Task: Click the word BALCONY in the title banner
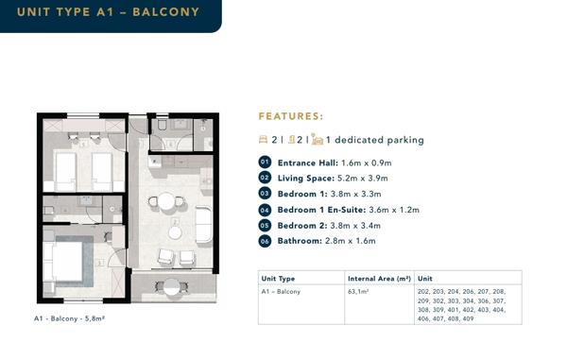click(x=166, y=12)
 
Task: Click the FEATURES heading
click(x=291, y=116)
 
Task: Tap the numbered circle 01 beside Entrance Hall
click(x=265, y=163)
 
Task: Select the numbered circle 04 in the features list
click(x=265, y=210)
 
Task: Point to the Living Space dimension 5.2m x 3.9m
click(x=362, y=179)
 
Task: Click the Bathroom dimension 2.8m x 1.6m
click(x=350, y=241)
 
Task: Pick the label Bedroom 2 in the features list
click(x=302, y=226)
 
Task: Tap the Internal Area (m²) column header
click(x=379, y=279)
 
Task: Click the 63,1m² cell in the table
click(x=358, y=291)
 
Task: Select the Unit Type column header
click(x=278, y=279)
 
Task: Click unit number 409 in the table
click(x=468, y=318)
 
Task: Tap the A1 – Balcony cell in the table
click(x=281, y=291)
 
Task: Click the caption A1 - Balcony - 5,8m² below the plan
click(x=69, y=318)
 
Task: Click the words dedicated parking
click(x=379, y=140)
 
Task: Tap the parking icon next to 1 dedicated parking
click(x=317, y=139)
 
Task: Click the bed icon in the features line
click(x=264, y=139)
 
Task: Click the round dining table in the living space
click(x=166, y=201)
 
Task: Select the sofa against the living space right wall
click(x=203, y=225)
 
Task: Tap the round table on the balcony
click(x=172, y=287)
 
